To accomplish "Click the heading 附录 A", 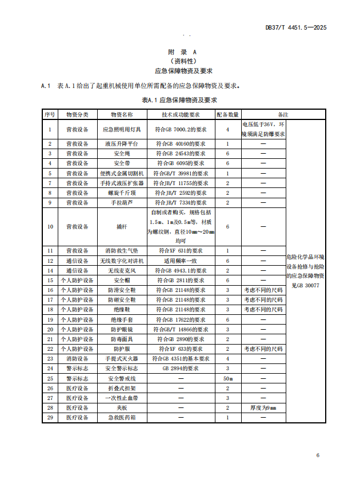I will tap(183, 51).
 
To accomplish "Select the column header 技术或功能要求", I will tap(181, 115).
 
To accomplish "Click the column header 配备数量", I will tap(227, 115).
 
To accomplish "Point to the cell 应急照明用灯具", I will tap(121, 130).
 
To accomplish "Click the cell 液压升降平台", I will tap(121, 144).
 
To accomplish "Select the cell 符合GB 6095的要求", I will tap(181, 163).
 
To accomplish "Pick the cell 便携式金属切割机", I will tap(121, 173).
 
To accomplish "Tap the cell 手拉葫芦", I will tap(121, 202).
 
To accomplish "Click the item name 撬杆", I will tap(121, 226).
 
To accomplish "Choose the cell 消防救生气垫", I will tap(121, 250).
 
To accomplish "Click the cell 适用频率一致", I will tap(181, 261).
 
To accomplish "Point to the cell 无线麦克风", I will tap(121, 270).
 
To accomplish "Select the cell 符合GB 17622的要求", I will tap(181, 319).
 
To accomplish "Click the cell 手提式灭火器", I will tap(121, 358).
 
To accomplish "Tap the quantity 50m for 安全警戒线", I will tap(227, 378).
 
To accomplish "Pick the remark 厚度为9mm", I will tap(263, 407).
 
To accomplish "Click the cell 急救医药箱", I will tap(121, 418).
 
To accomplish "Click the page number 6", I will tap(318, 455).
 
